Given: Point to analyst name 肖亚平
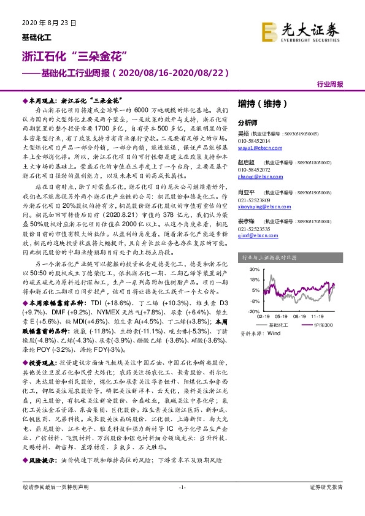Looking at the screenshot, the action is point(247,192).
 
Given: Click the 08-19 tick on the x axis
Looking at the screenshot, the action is point(299,316).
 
